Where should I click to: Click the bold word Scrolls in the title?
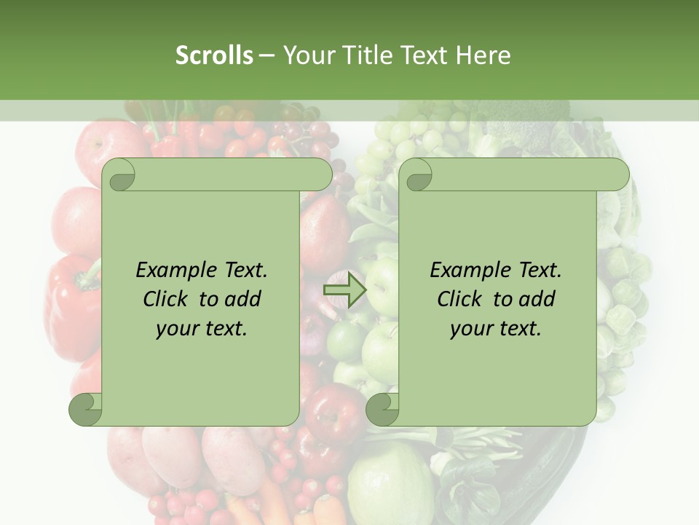(x=214, y=55)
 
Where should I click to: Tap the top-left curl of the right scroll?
(x=418, y=176)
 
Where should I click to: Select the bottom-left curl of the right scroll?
(x=383, y=408)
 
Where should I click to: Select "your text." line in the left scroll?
(x=202, y=328)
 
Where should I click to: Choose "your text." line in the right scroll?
(x=496, y=328)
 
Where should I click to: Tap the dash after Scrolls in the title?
(x=266, y=55)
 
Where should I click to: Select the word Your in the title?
(x=306, y=55)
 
